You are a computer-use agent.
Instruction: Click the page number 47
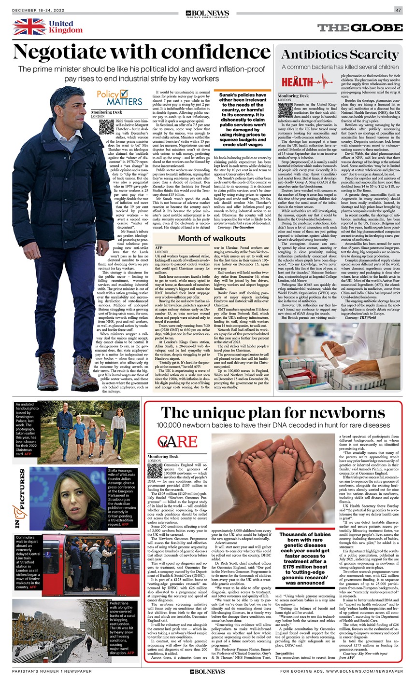(x=398, y=10)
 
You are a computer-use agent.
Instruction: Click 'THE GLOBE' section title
(x=360, y=28)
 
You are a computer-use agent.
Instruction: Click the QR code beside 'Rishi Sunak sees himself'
(x=106, y=127)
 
